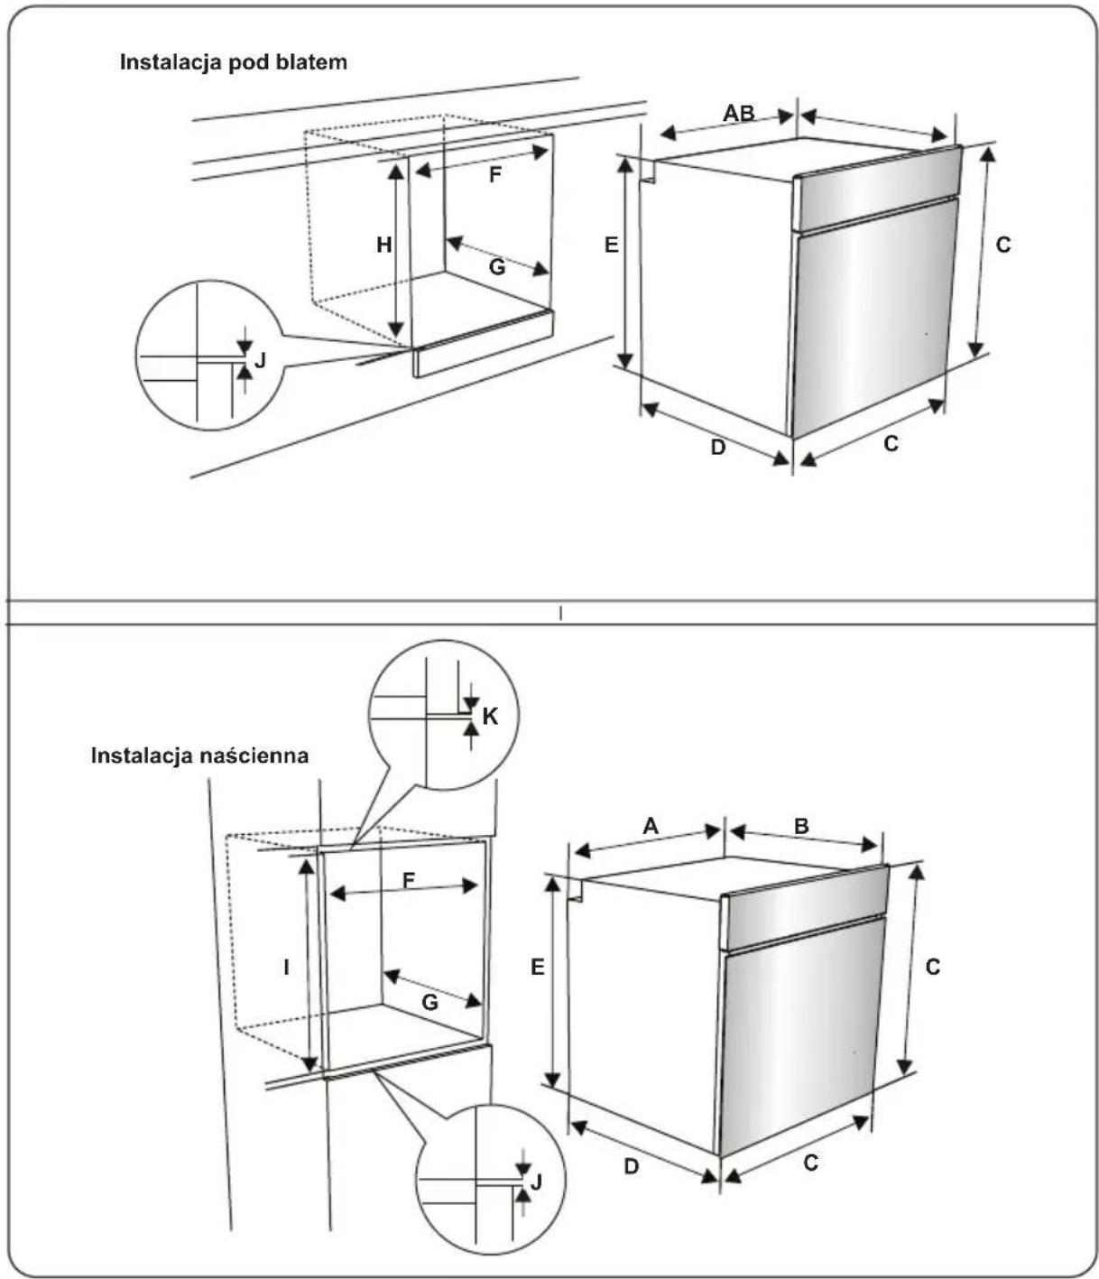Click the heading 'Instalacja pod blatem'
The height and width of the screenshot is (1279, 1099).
(233, 62)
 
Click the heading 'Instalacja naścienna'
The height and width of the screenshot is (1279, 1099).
(199, 755)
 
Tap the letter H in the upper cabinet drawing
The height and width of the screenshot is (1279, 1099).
(384, 245)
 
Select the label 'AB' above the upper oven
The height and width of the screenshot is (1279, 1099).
(739, 113)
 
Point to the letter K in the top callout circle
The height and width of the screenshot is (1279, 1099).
(490, 717)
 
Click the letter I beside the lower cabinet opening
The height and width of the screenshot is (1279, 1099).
(286, 967)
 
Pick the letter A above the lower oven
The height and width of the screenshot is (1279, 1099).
(651, 826)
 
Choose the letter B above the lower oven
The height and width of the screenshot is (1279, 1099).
(801, 826)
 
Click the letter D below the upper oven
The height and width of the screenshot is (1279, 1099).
(718, 447)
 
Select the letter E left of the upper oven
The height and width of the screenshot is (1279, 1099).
(611, 245)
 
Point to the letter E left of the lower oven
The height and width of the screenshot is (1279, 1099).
(538, 967)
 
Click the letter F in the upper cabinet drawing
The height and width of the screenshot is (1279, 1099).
(494, 175)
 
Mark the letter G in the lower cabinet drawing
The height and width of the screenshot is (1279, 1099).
(429, 1003)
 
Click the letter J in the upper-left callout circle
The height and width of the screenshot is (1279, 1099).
(260, 359)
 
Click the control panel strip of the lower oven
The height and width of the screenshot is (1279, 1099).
(805, 906)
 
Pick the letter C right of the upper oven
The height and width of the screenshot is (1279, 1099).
(1003, 245)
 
